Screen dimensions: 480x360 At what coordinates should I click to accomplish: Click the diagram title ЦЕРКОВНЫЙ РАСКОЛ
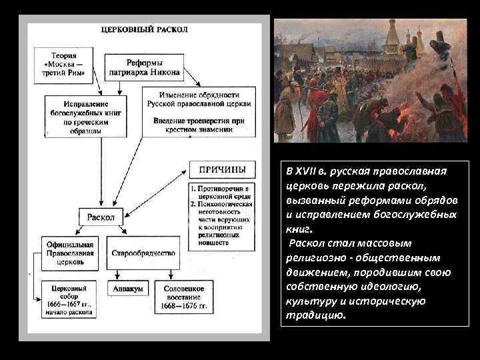[144, 30]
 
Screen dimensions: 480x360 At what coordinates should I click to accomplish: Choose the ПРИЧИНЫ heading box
[221, 170]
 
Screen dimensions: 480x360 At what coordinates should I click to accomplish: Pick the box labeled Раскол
[101, 216]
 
